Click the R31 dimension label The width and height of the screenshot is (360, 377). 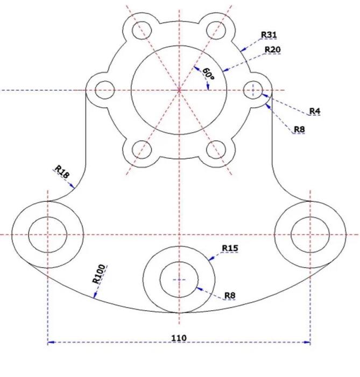coord(269,35)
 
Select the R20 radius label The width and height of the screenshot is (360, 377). coord(272,50)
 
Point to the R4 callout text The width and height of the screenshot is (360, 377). coord(315,111)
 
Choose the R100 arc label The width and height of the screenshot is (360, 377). coord(99,274)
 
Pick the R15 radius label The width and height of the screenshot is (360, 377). coord(230,248)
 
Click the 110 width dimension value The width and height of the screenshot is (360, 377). coord(179,338)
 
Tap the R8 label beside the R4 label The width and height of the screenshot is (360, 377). coord(300,129)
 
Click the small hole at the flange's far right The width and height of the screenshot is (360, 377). coord(253,90)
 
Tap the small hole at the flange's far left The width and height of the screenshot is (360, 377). coord(104,90)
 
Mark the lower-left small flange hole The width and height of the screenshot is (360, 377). coord(142,149)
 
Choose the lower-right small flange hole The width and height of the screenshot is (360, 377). coord(216,149)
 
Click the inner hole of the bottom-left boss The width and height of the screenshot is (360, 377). coord(47,235)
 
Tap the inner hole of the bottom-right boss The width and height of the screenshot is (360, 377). coord(310,235)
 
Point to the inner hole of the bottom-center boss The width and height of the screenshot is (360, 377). coord(179,280)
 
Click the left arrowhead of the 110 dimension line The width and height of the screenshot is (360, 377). coord(51,342)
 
